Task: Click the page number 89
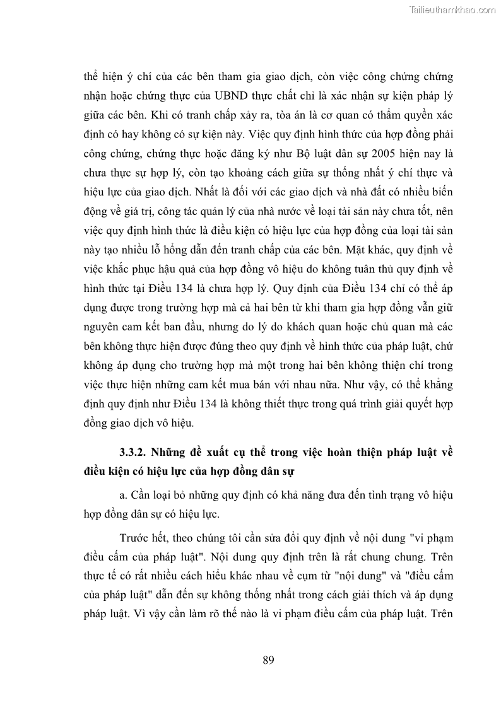click(268, 660)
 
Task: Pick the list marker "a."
click(124, 495)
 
